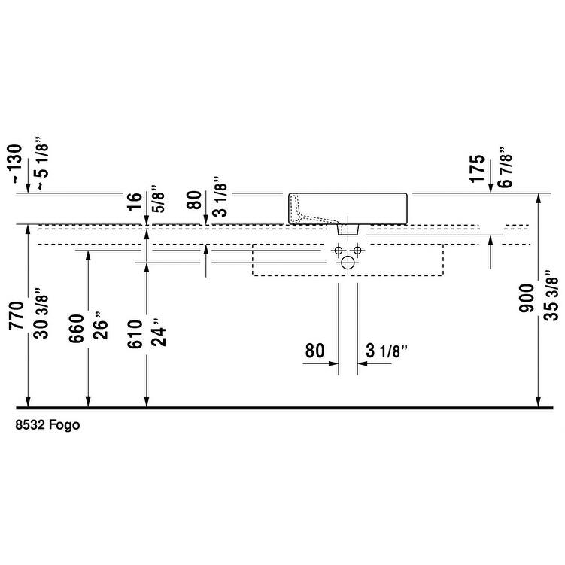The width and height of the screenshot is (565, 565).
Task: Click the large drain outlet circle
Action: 347,263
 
